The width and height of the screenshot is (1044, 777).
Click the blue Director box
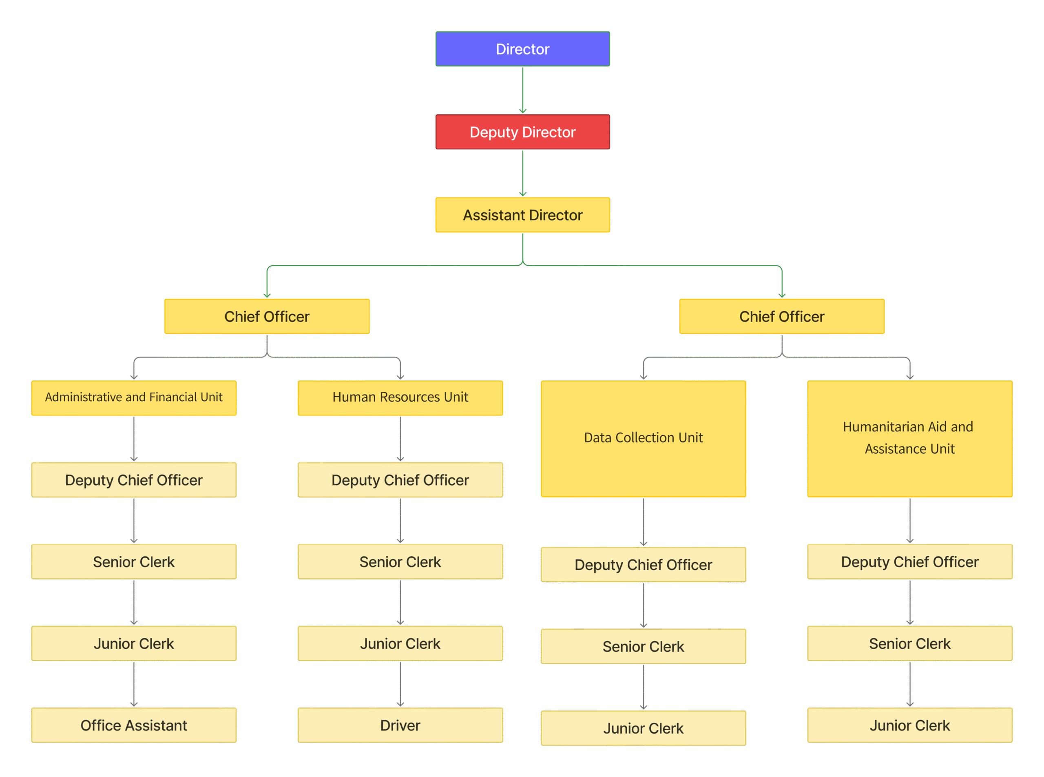pyautogui.click(x=522, y=49)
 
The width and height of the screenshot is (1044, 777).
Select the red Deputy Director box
pyautogui.click(x=522, y=132)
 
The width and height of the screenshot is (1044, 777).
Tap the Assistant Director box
pyautogui.click(x=522, y=215)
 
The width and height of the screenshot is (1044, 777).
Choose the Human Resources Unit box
pyautogui.click(x=400, y=397)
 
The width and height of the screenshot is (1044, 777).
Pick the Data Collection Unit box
pyautogui.click(x=643, y=438)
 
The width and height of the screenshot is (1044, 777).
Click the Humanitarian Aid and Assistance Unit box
pyautogui.click(x=909, y=438)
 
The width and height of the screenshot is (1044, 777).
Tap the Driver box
pyautogui.click(x=400, y=725)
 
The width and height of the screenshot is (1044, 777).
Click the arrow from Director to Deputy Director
pyautogui.click(x=522, y=90)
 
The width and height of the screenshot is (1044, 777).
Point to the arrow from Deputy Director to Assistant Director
pyautogui.click(x=522, y=173)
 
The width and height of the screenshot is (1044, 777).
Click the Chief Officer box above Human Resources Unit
pyautogui.click(x=267, y=317)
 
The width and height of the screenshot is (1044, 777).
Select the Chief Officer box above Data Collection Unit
pyautogui.click(x=782, y=317)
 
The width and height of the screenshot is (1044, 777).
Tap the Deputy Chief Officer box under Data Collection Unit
pyautogui.click(x=643, y=564)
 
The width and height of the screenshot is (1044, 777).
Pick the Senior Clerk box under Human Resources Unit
pyautogui.click(x=400, y=562)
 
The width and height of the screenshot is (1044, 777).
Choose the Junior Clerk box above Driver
pyautogui.click(x=400, y=644)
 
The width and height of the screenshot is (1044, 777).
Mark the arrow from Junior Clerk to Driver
pyautogui.click(x=400, y=684)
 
